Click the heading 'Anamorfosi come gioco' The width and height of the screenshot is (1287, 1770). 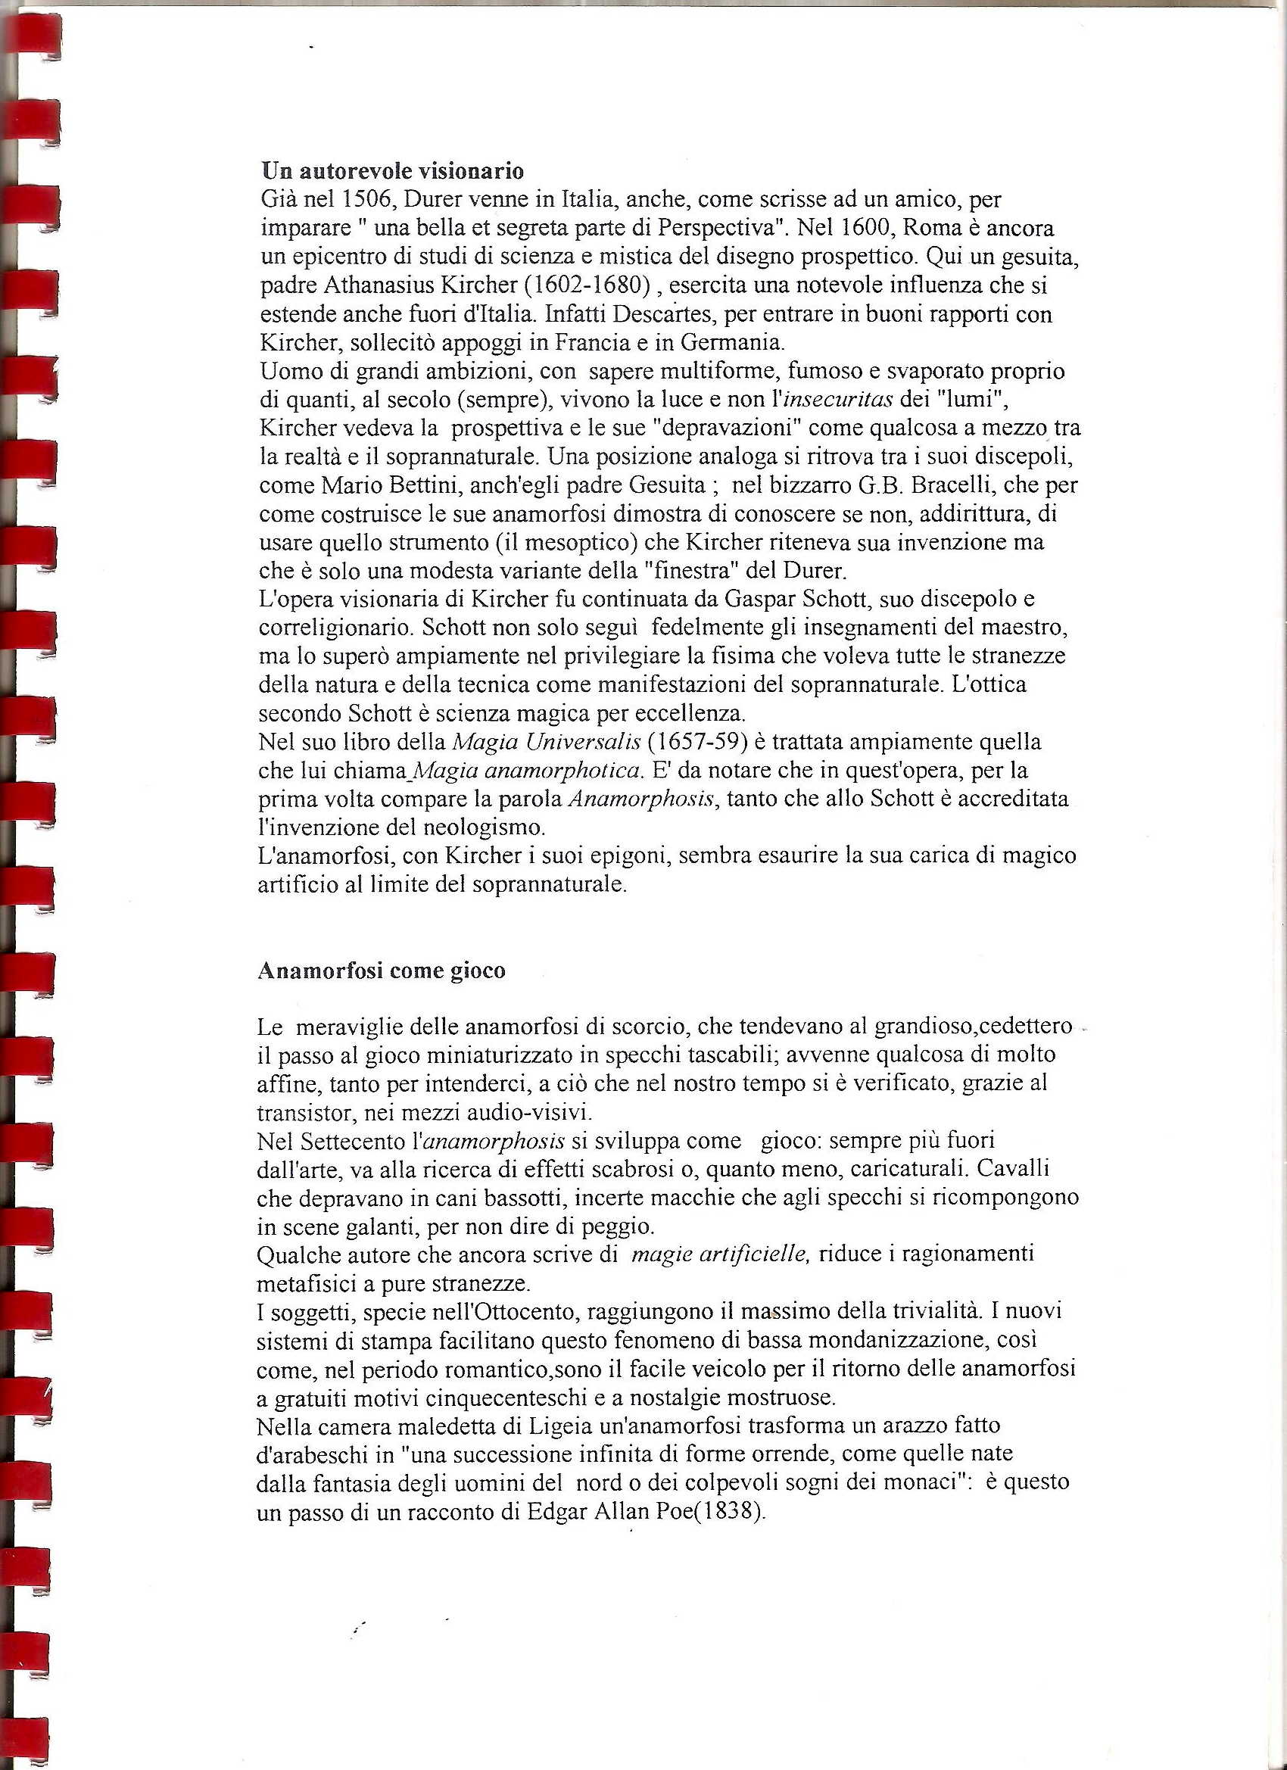tap(382, 971)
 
